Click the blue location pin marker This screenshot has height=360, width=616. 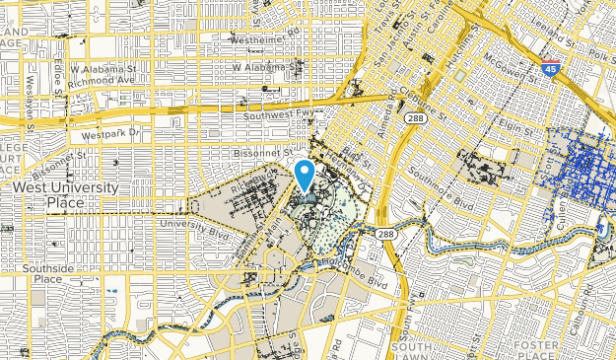pos(305,175)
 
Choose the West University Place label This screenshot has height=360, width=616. pos(66,195)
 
